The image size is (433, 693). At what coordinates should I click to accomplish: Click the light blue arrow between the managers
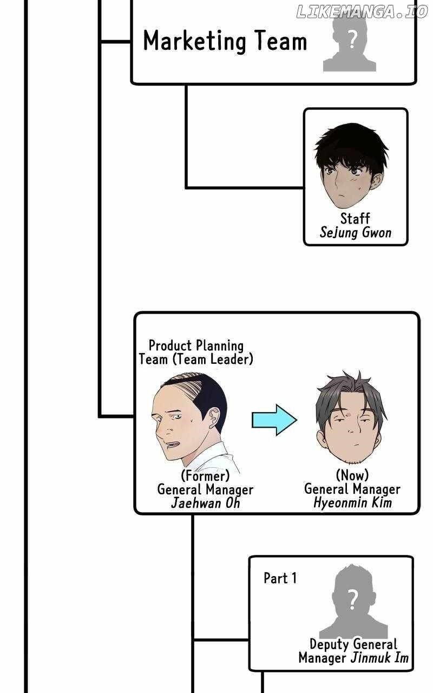click(274, 419)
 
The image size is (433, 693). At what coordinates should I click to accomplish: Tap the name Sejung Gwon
click(355, 233)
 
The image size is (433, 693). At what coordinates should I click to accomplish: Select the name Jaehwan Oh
click(205, 503)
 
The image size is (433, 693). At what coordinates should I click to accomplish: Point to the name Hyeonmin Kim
click(352, 502)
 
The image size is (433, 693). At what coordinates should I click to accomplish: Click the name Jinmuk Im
click(379, 658)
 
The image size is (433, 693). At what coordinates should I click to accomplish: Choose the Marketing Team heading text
click(225, 42)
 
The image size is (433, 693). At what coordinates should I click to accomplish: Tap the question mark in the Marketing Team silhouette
click(352, 40)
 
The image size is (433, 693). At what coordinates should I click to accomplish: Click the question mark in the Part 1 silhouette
click(352, 599)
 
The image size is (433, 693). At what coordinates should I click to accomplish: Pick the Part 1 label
click(280, 578)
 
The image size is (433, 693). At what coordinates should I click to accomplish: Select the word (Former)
click(205, 476)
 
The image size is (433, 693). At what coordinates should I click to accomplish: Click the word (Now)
click(352, 475)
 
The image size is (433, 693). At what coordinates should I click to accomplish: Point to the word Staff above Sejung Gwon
click(355, 219)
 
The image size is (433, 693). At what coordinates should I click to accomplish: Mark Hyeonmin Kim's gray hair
click(352, 387)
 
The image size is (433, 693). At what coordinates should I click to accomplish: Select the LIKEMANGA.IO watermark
click(362, 12)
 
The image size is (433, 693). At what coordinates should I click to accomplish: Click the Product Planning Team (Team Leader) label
click(196, 352)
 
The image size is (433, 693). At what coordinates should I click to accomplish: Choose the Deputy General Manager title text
click(353, 645)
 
